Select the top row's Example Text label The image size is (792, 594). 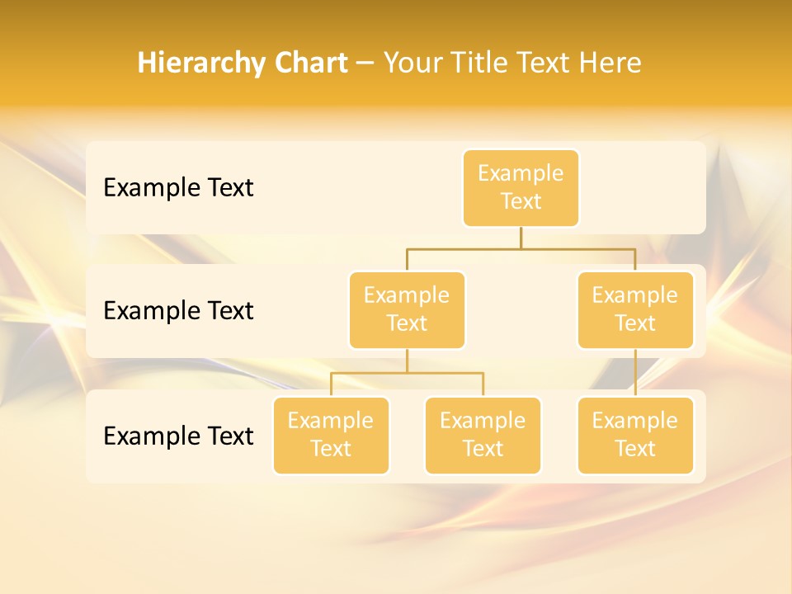pos(178,188)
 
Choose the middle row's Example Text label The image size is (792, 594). pos(178,311)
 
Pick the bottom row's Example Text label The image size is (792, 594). pos(178,436)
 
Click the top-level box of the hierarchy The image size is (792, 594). pos(521,188)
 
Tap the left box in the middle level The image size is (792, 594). pos(407,310)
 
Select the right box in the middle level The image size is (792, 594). pos(635,310)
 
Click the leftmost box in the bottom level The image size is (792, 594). pos(331,436)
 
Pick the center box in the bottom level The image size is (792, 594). pos(483,436)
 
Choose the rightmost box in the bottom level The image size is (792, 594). pos(635,436)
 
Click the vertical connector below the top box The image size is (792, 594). pos(521,238)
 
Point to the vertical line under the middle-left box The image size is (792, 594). pos(407,361)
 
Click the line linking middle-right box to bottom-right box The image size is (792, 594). pos(635,373)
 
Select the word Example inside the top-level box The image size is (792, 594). pos(521,173)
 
